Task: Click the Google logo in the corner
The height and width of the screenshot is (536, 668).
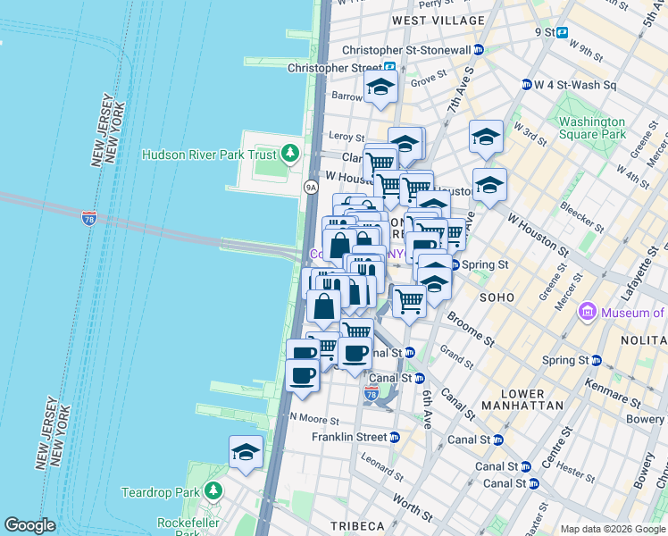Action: pos(29,525)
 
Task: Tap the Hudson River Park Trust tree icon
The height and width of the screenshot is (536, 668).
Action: pos(289,155)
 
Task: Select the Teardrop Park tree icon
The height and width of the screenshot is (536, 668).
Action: pos(213,491)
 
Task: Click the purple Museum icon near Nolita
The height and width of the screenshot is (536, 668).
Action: pos(588,312)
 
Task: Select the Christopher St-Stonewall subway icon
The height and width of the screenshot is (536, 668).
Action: pos(480,51)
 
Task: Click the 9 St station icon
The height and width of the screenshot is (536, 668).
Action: pos(563,32)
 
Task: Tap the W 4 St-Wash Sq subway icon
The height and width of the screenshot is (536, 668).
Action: pos(527,85)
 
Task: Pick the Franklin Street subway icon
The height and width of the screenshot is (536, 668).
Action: pos(394,437)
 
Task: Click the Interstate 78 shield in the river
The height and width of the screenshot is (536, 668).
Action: pos(88,217)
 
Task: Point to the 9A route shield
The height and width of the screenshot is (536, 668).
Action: pos(310,187)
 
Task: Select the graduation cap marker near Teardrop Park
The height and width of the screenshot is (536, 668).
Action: pos(246,452)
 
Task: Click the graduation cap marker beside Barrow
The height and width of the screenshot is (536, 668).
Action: pos(380,88)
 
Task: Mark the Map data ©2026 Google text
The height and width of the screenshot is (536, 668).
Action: pos(613,529)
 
